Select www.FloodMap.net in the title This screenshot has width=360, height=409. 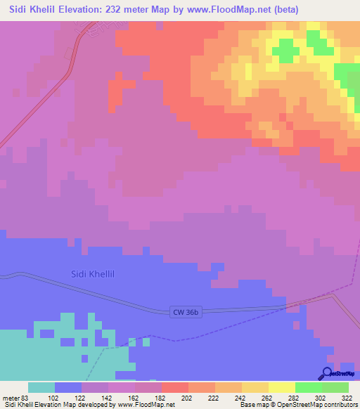point(217,10)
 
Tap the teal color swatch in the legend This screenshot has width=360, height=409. point(41,387)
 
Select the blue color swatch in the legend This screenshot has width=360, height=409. point(68,387)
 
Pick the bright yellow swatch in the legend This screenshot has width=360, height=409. point(282,387)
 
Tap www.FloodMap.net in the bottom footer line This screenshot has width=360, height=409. point(146,405)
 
